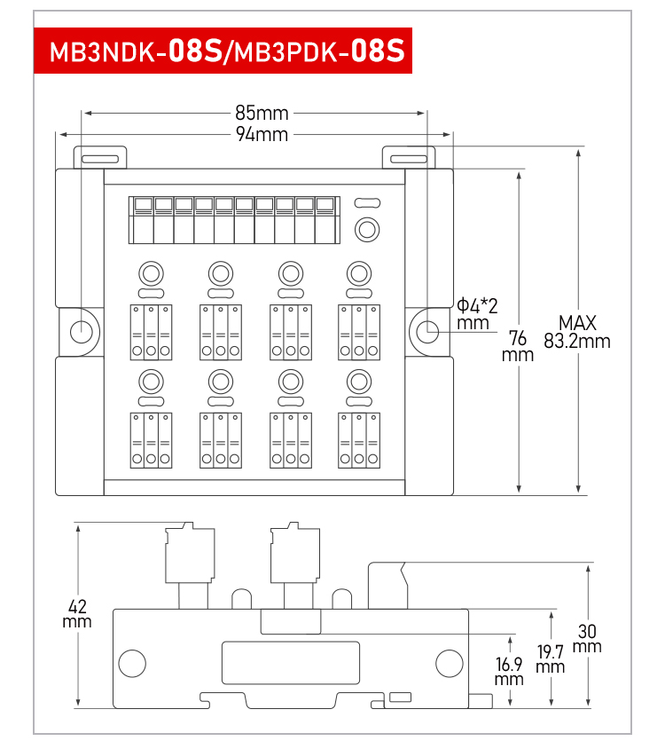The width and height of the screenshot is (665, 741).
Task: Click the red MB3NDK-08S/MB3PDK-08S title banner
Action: pyautogui.click(x=223, y=51)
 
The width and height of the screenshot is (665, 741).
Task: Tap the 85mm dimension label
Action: pyautogui.click(x=262, y=113)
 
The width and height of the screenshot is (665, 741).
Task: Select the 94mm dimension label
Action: pyautogui.click(x=262, y=134)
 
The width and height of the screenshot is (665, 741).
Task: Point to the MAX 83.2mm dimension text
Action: pyautogui.click(x=576, y=332)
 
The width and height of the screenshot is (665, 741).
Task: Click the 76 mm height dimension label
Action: pyautogui.click(x=518, y=346)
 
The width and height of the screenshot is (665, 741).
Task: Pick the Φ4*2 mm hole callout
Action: pyautogui.click(x=476, y=314)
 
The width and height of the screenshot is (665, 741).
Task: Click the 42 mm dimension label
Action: pyautogui.click(x=77, y=613)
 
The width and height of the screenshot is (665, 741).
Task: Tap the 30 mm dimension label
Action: pyautogui.click(x=587, y=638)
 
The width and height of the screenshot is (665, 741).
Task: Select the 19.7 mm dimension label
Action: pyautogui.click(x=551, y=658)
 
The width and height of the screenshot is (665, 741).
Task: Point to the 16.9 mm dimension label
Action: pyautogui.click(x=509, y=671)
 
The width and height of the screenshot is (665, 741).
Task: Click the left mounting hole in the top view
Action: pyautogui.click(x=82, y=331)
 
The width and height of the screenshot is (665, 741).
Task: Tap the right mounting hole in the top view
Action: pyautogui.click(x=428, y=331)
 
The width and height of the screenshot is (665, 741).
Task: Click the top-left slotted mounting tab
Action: pyautogui.click(x=100, y=157)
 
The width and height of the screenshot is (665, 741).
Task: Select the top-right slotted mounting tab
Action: pyautogui.click(x=409, y=157)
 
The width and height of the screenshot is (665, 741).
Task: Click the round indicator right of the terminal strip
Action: pyautogui.click(x=367, y=230)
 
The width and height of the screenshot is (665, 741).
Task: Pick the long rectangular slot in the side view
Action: pyautogui.click(x=291, y=663)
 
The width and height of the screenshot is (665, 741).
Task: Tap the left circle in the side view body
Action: pyautogui.click(x=132, y=664)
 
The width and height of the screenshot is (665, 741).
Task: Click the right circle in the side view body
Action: pyautogui.click(x=450, y=664)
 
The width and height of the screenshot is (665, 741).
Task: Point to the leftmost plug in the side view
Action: pyautogui.click(x=190, y=565)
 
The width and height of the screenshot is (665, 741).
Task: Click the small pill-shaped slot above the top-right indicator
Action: pyautogui.click(x=367, y=202)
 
